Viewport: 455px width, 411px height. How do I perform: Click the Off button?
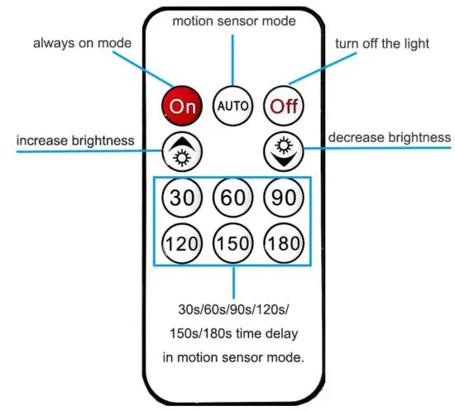(x=283, y=105)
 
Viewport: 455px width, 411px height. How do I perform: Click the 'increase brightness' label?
(x=75, y=141)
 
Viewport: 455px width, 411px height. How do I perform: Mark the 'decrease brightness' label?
(x=390, y=136)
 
